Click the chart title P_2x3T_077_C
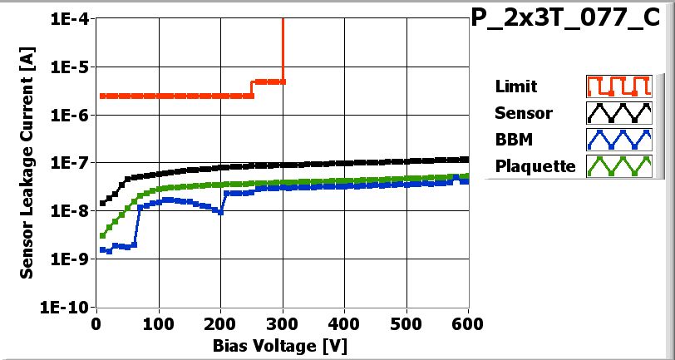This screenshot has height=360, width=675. tap(571, 19)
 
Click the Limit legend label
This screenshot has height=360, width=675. tap(515, 86)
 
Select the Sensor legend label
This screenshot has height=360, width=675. tap(523, 112)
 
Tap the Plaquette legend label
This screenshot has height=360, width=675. tap(535, 165)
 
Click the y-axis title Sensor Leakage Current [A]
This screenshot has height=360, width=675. tap(27, 162)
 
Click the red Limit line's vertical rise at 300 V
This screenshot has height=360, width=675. tap(283, 50)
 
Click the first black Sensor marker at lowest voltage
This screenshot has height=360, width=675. tap(103, 203)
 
